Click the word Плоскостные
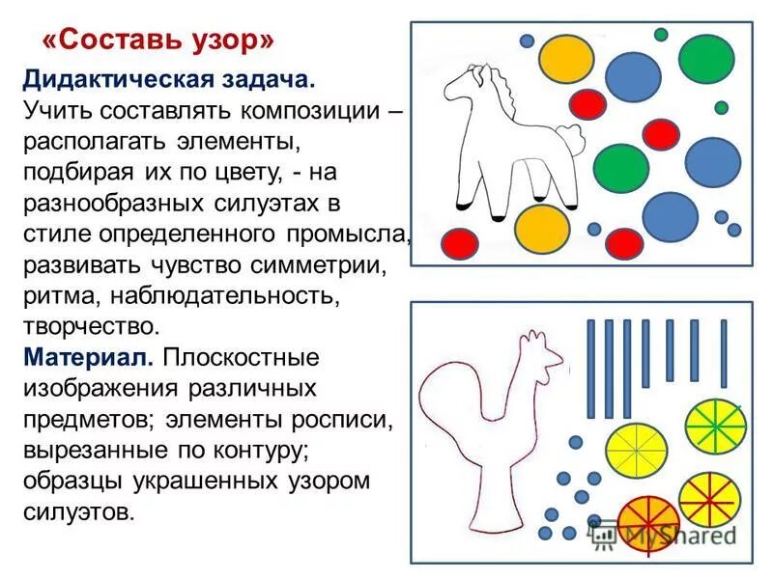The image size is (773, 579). click(242, 357)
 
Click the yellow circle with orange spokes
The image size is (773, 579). click(637, 445)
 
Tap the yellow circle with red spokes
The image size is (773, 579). click(708, 498)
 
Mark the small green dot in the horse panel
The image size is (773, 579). click(661, 35)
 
